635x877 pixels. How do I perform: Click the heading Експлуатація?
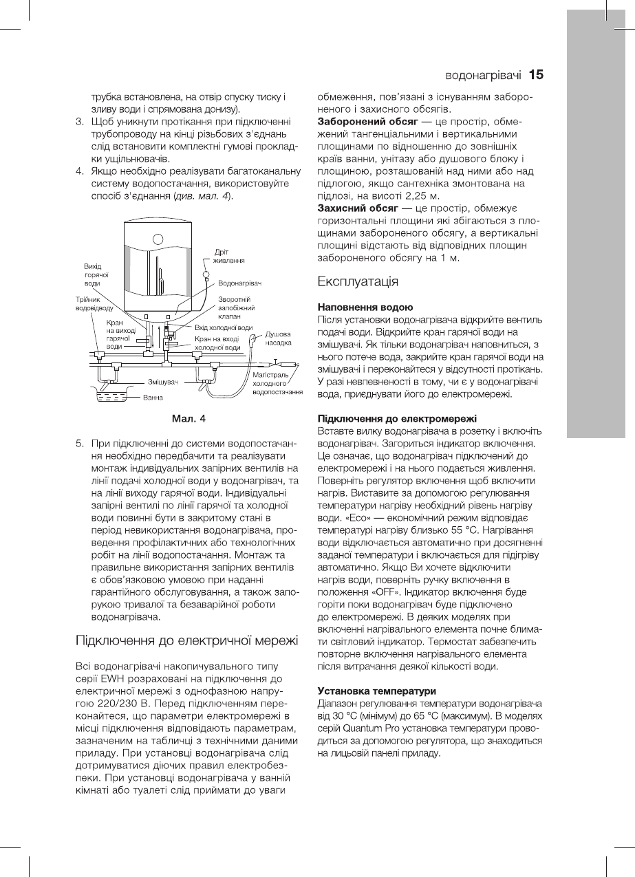pos(358,281)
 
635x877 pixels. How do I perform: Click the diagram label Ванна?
pos(153,398)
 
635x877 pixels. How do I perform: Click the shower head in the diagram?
pos(256,337)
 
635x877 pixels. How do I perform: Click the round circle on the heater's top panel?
pos(158,240)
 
